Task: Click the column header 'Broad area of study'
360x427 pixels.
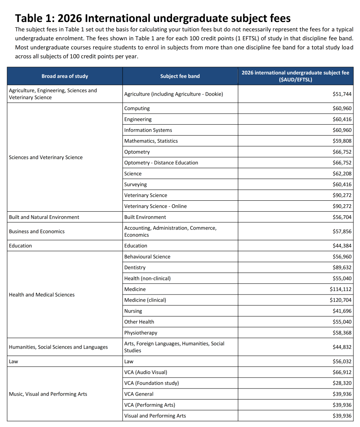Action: pos(65,76)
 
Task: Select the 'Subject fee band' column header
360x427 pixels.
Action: pos(180,76)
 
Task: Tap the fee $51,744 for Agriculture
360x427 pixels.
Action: pos(342,94)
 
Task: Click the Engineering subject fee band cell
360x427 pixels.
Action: pos(138,119)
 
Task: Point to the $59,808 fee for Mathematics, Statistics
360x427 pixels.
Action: pos(342,141)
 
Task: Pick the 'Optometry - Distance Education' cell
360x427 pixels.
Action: pos(161,163)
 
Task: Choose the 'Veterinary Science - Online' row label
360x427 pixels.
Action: pos(156,206)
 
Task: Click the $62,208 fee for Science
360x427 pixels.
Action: pos(342,174)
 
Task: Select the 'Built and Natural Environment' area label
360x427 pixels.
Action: pos(44,217)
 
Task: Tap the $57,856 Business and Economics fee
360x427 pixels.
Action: pos(342,231)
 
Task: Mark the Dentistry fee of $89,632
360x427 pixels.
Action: pos(342,267)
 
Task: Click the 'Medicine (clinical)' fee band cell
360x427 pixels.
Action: pos(145,300)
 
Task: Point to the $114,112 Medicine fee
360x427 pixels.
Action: pos(341,289)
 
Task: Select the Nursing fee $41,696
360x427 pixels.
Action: pos(342,311)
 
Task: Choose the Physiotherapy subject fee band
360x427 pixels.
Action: pos(141,333)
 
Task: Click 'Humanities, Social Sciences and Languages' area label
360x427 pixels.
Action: pos(58,347)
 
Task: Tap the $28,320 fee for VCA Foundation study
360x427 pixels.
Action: pos(342,383)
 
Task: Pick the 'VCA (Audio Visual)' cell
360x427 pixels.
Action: pos(145,372)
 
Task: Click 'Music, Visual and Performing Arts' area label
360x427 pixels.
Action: pos(48,394)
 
